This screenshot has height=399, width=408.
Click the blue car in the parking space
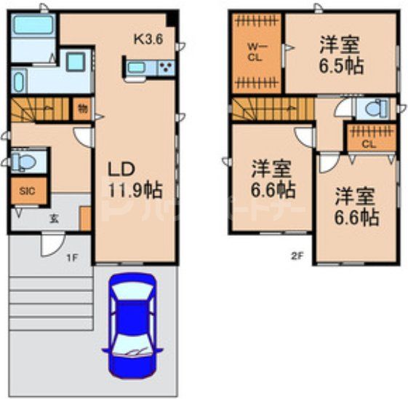coord(130,323)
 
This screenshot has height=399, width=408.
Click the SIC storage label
coord(27,191)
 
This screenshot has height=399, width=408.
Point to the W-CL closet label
coord(254,52)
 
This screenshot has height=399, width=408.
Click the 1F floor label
coord(73,257)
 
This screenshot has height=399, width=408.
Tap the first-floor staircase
coord(40,110)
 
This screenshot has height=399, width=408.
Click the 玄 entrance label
coord(54,216)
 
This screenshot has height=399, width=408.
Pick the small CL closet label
coord(369,144)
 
